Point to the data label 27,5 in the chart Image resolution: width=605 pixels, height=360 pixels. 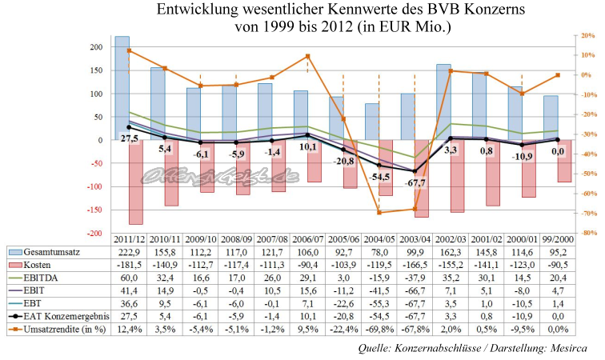pyautogui.click(x=130, y=138)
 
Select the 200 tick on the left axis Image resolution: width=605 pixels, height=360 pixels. pyautogui.click(x=94, y=47)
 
